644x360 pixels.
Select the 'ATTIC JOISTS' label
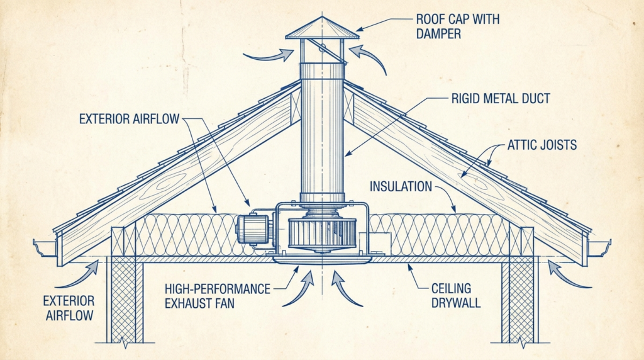coord(541,145)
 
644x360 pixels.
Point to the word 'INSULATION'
coord(401,186)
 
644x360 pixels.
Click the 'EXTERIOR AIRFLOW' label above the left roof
coord(131,118)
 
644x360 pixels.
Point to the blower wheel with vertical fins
coord(321,232)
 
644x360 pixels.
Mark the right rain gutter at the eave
coord(599,247)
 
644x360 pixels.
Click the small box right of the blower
coord(379,242)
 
